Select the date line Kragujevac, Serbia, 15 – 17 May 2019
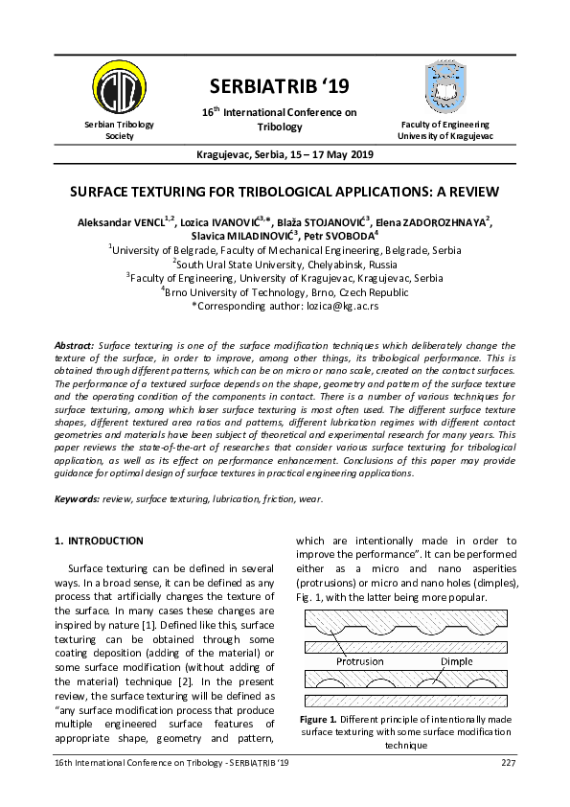285,154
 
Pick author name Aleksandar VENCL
121,223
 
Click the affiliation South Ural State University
285,265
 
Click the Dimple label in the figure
455,661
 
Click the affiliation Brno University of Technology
285,291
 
